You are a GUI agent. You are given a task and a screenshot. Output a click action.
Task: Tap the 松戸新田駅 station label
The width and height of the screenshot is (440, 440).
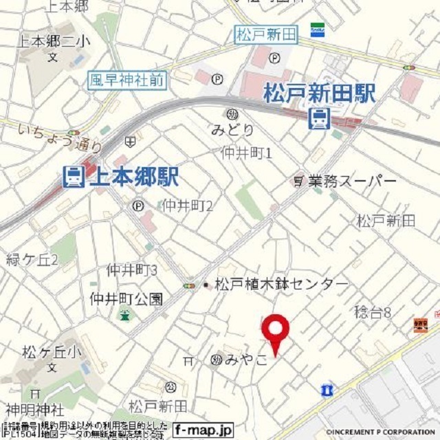coord(320,94)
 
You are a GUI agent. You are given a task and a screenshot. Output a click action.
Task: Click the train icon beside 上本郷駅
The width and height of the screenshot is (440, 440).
coord(72,177)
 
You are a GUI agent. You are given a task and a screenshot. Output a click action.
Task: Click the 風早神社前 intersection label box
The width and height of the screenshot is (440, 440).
coord(127,80)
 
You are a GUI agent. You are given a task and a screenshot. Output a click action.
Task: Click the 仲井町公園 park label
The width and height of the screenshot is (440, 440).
coord(126,299)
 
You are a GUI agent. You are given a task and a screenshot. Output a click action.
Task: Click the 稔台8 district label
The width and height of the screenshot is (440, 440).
coord(373,313)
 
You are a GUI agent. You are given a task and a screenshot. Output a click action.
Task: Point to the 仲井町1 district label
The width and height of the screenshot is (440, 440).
coord(247,152)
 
